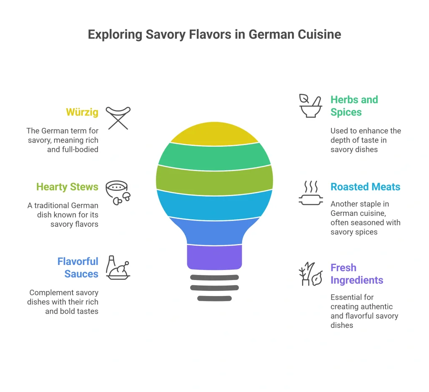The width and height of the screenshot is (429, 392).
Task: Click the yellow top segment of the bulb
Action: pyautogui.click(x=214, y=134)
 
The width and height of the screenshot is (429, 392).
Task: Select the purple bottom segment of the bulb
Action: pyautogui.click(x=214, y=257)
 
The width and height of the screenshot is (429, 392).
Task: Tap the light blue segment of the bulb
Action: pyautogui.click(x=214, y=205)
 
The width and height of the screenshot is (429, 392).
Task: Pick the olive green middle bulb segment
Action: pyautogui.click(x=214, y=180)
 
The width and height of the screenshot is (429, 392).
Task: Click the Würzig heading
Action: pyautogui.click(x=82, y=112)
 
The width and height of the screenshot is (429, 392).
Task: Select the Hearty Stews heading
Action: pyautogui.click(x=67, y=187)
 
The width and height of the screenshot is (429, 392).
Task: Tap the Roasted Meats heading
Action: pyautogui.click(x=365, y=187)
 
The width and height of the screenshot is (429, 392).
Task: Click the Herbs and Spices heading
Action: pyautogui.click(x=354, y=106)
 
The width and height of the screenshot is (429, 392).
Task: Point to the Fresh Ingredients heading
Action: pyautogui.click(x=357, y=274)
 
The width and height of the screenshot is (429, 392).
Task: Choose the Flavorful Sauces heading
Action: pyautogui.click(x=78, y=267)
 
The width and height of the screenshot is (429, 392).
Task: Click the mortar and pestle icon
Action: pyautogui.click(x=310, y=106)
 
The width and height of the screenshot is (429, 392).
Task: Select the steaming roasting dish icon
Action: pyautogui.click(x=311, y=193)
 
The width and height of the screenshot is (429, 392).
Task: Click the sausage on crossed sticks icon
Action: pyautogui.click(x=118, y=118)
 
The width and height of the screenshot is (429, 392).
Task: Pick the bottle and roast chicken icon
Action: pyautogui.click(x=118, y=267)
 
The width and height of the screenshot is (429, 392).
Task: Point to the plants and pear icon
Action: pyautogui.click(x=311, y=274)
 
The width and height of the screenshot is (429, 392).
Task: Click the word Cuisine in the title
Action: pyautogui.click(x=319, y=34)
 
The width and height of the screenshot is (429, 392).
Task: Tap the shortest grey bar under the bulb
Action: pyautogui.click(x=214, y=299)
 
